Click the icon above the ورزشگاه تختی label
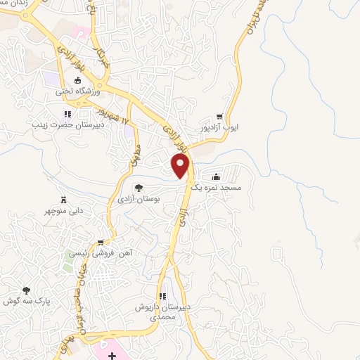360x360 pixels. [77, 80]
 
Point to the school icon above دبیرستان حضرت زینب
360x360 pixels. [67, 113]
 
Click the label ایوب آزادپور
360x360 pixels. [234, 128]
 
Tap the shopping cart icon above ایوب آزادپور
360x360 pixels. [219, 117]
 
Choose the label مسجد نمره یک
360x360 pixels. [223, 188]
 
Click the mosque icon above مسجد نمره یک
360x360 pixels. [215, 177]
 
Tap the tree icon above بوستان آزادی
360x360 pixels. [139, 188]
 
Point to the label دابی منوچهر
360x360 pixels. [66, 210]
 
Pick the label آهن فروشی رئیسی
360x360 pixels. [114, 252]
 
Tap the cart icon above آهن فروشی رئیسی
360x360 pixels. [105, 240]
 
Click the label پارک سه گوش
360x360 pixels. [20, 301]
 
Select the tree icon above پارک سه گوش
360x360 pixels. [27, 290]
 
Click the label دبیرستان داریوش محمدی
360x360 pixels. [162, 312]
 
